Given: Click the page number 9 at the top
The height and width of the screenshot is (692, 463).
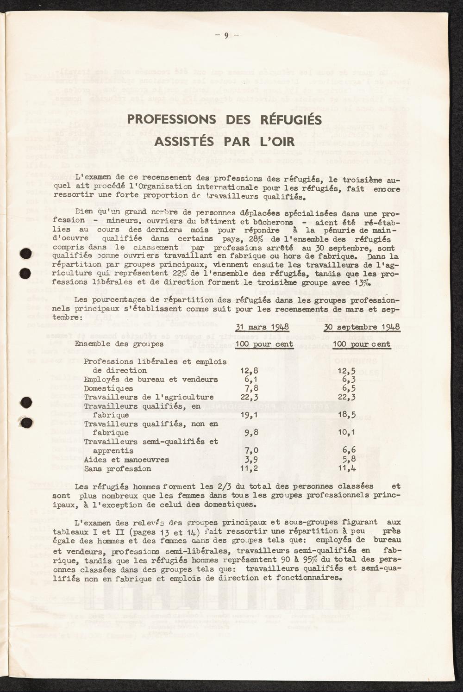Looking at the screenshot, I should click(227, 36).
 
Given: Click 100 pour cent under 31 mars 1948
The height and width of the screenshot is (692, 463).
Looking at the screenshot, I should click(264, 344).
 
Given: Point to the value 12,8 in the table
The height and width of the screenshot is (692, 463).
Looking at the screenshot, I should click(250, 370).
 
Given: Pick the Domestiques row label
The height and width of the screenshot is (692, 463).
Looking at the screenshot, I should click(108, 388).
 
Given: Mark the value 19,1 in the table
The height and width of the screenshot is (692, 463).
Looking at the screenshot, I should click(250, 415).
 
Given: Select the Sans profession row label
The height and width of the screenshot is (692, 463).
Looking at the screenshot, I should click(118, 469).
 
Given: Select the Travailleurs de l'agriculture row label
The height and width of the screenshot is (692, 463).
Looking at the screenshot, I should click(149, 397).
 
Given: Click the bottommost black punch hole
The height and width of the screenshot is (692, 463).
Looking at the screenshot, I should click(26, 422).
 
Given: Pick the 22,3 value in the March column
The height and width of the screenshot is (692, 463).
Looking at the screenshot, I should click(250, 397).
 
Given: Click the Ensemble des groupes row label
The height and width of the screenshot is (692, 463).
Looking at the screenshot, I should click(119, 344).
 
